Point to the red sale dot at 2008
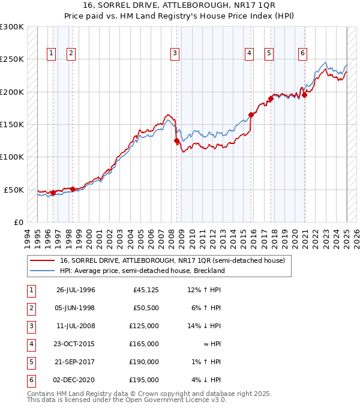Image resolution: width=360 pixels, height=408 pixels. [176, 141]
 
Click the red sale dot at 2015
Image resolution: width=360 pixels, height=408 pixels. [251, 115]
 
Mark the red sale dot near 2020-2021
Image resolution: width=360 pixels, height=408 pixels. [304, 94]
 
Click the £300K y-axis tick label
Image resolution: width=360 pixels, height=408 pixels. [12, 28]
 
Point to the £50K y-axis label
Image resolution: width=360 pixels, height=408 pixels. [14, 190]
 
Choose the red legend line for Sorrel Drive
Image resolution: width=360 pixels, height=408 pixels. [43, 260]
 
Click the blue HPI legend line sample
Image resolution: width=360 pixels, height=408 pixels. [43, 271]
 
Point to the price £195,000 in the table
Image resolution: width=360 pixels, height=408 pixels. [146, 380]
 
